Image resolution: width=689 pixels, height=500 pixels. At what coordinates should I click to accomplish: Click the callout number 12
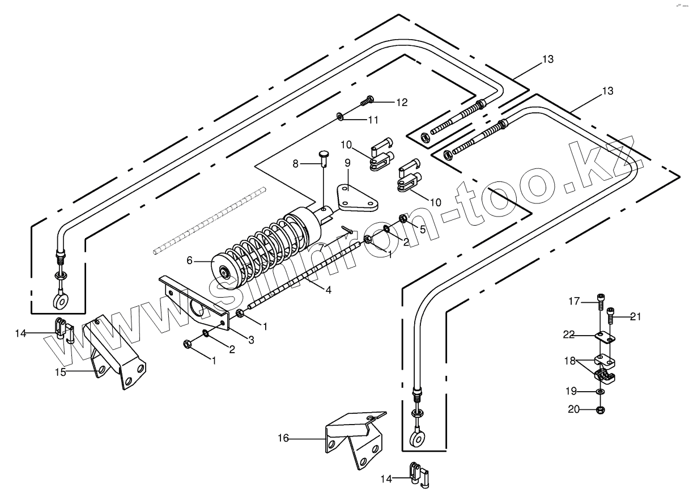[x=401, y=103]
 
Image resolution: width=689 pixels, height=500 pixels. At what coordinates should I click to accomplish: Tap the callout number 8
[x=295, y=164]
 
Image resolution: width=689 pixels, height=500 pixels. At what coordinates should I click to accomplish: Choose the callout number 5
[x=422, y=229]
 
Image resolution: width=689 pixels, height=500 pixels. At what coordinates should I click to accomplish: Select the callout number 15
[x=61, y=372]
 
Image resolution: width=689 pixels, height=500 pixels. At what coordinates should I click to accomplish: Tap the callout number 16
[x=283, y=438]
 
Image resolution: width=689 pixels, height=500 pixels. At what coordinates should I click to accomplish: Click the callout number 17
[x=575, y=302]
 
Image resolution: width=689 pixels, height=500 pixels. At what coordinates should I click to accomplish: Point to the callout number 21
[x=635, y=317]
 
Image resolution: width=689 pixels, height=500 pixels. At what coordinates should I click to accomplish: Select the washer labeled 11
[x=340, y=116]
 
